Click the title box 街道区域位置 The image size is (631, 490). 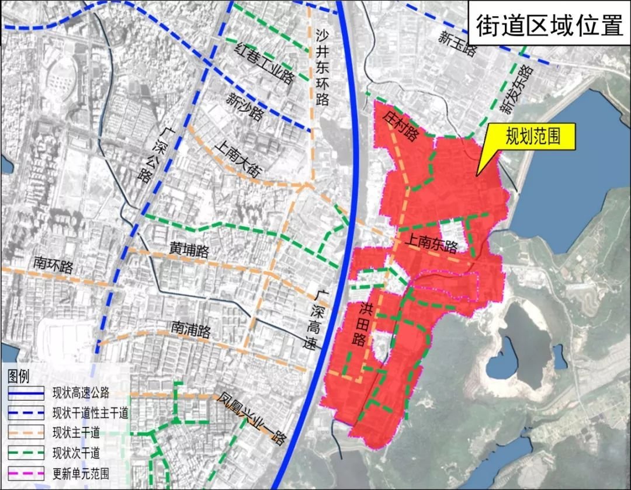pos(549,25)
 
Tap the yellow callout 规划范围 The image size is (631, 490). pos(533,137)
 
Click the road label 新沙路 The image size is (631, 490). pos(246,106)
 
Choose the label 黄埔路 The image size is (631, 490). pos(189,251)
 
